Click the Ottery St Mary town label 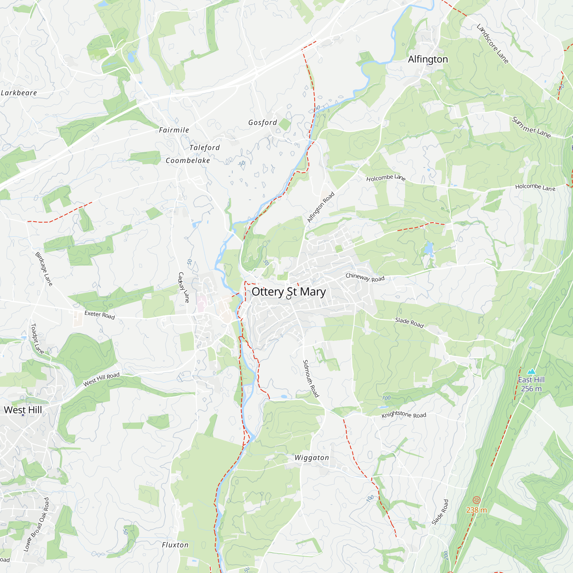(x=289, y=292)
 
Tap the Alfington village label (x=428, y=59)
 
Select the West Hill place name (x=23, y=410)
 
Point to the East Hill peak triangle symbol (x=531, y=371)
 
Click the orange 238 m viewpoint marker (x=476, y=500)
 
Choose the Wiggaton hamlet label (x=312, y=458)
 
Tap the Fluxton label (x=175, y=545)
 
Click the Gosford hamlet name (x=262, y=123)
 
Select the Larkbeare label (x=19, y=93)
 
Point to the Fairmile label (x=174, y=130)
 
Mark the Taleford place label (x=205, y=147)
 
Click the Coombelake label (x=188, y=160)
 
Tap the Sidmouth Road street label (x=311, y=378)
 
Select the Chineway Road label (x=365, y=278)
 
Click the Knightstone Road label (x=404, y=415)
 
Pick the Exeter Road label (x=99, y=315)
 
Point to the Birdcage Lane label (x=44, y=269)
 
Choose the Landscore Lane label (x=492, y=44)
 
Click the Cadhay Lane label (x=184, y=287)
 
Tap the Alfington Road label (x=321, y=207)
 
